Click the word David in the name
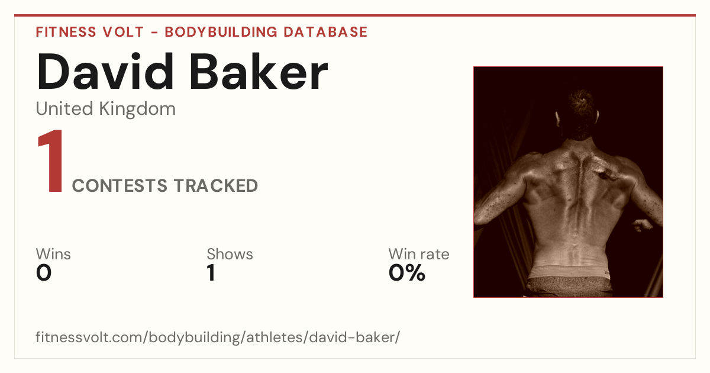tap(105, 72)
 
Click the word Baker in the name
tap(259, 72)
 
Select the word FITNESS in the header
tap(66, 32)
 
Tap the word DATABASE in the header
tap(325, 32)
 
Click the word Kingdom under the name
tap(137, 110)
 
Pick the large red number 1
tap(51, 161)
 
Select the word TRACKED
tap(216, 185)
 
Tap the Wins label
tap(53, 254)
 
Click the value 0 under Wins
tap(44, 273)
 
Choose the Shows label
tap(230, 254)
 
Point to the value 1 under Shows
tap(211, 273)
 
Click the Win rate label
tap(419, 254)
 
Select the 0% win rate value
tap(407, 273)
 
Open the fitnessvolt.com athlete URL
tap(218, 337)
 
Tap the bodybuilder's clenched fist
tap(643, 225)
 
